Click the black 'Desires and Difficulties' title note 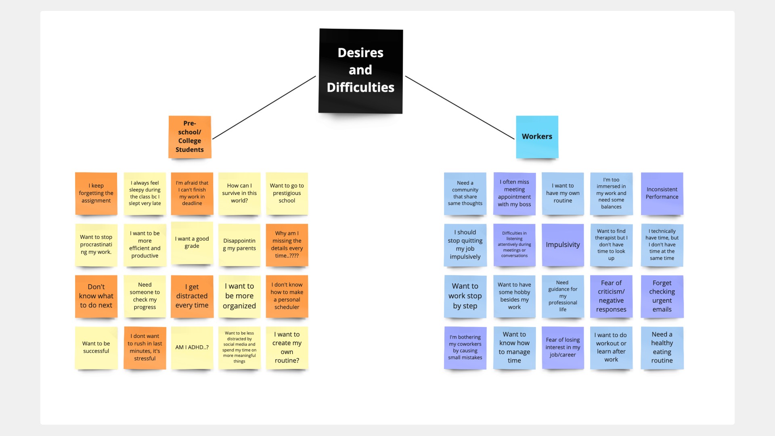[x=360, y=71]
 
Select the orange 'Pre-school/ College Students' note [x=190, y=137]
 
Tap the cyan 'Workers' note [x=537, y=136]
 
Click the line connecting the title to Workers [x=460, y=107]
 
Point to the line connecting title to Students [x=264, y=107]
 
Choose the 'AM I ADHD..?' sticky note [x=192, y=348]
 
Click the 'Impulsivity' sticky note [x=563, y=245]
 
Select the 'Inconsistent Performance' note [x=662, y=193]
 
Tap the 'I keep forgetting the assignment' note [x=96, y=193]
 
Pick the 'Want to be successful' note [x=96, y=348]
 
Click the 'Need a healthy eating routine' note [x=662, y=348]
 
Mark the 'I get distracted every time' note [x=192, y=296]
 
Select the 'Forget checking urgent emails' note [x=662, y=296]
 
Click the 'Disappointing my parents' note [x=239, y=245]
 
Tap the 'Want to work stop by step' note [x=465, y=296]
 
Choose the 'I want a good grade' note [x=192, y=243]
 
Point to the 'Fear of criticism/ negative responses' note [x=611, y=296]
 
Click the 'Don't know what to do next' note [x=96, y=296]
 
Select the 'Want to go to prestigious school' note [x=287, y=193]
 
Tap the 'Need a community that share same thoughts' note [x=465, y=193]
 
